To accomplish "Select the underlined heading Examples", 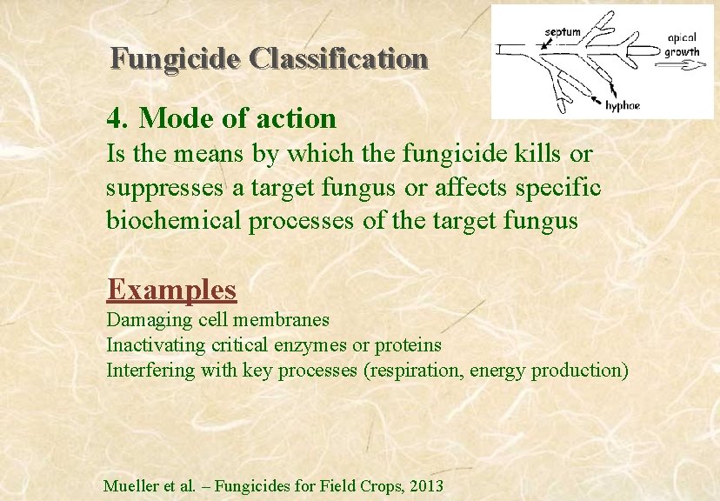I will click(171, 288).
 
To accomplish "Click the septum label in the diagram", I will click(563, 32).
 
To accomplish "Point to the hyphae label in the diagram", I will click(623, 105).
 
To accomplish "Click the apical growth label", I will click(682, 45).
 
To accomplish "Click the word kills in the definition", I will click(536, 155).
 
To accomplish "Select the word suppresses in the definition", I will click(162, 188).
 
